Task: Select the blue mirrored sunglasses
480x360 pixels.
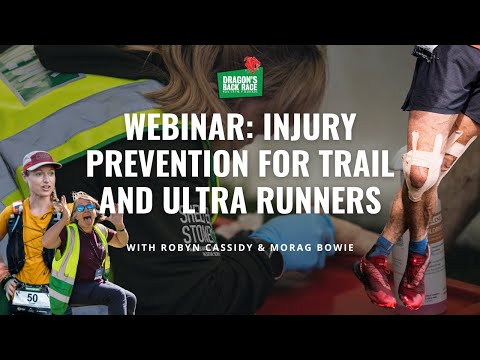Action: pos(88,207)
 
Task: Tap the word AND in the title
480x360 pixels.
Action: pos(152,200)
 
